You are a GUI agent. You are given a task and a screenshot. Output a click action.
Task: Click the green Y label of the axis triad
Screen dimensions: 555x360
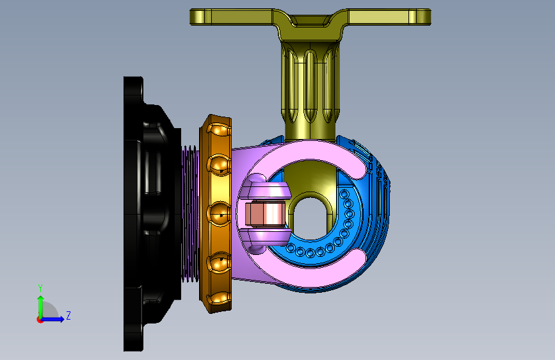(x=40, y=288)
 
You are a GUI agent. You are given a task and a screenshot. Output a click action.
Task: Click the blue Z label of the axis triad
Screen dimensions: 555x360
(x=68, y=315)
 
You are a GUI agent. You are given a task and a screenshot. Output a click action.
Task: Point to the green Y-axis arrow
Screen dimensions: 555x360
(x=40, y=307)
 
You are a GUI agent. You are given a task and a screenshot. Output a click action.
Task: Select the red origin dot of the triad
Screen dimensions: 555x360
(x=40, y=320)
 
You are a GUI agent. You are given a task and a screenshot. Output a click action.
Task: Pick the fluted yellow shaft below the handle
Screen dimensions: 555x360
(x=310, y=90)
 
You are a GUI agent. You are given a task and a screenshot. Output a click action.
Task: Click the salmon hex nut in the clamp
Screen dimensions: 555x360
(x=265, y=215)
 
